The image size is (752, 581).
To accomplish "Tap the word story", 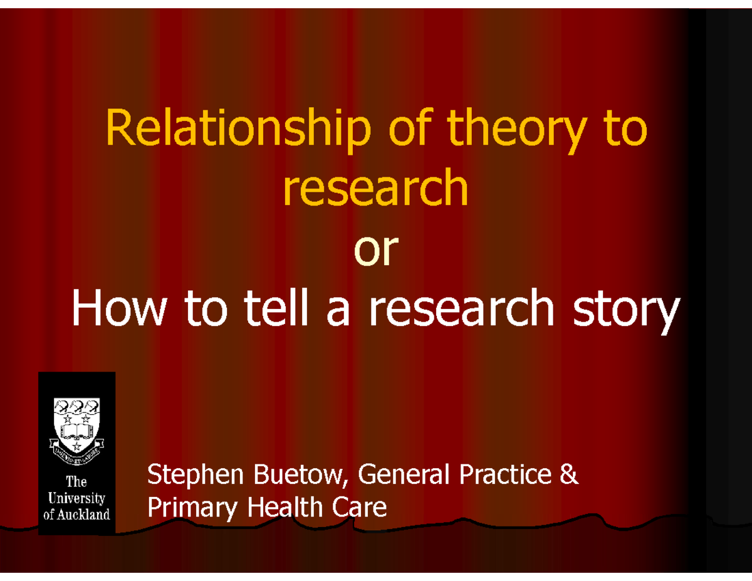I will pyautogui.click(x=628, y=310).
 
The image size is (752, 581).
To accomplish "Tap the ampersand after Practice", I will pyautogui.click(x=568, y=476).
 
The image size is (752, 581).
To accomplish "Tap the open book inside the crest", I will pyautogui.click(x=76, y=431).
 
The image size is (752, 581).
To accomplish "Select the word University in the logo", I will pyautogui.click(x=76, y=499).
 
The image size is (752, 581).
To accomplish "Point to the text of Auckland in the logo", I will pyautogui.click(x=76, y=514).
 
